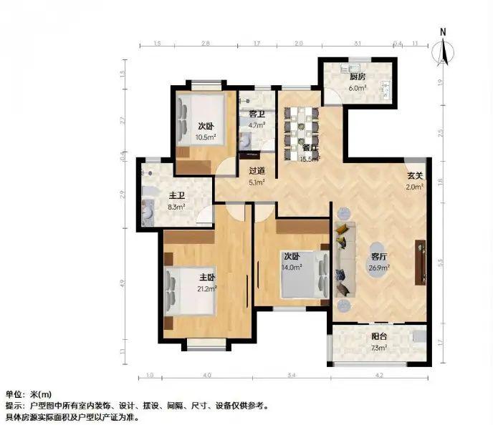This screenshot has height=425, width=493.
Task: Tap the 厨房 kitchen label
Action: pyautogui.click(x=358, y=77)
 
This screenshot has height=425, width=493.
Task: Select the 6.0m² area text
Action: pyautogui.click(x=358, y=88)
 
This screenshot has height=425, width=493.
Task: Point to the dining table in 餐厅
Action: pyautogui.click(x=300, y=129)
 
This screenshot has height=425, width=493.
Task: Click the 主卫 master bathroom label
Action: pyautogui.click(x=177, y=195)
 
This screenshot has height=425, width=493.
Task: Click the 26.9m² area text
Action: pyautogui.click(x=380, y=268)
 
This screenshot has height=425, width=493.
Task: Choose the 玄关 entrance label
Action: pyautogui.click(x=415, y=175)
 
